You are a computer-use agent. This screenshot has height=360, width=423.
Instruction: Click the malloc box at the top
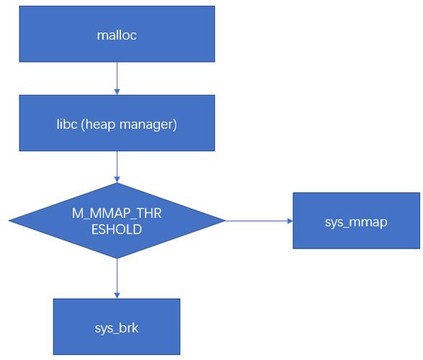point(117,34)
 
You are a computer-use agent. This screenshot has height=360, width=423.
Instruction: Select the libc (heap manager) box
point(117,124)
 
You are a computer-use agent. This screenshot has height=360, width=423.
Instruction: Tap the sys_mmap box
point(356,221)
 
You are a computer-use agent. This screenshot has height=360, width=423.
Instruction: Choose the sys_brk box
point(116,328)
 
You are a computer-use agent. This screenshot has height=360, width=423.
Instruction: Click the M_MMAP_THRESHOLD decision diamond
point(117,220)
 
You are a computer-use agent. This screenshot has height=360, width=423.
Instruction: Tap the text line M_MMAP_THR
point(117,212)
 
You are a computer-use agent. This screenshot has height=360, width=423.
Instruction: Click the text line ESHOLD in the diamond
point(117,228)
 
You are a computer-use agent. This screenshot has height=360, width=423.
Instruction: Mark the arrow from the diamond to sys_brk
point(117,277)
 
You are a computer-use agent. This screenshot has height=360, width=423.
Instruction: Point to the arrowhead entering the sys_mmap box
point(289,221)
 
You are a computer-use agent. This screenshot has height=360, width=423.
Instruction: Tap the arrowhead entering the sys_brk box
point(117,294)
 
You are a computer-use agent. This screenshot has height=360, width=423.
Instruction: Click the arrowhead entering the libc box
point(117,91)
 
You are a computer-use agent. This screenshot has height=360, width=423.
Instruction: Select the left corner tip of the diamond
point(10,221)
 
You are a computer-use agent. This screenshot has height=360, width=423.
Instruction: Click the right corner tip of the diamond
point(224,221)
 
